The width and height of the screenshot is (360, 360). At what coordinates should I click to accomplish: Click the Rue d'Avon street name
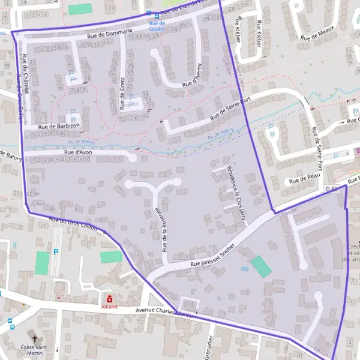click(77, 153)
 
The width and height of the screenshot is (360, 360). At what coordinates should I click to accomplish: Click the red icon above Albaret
click(109, 298)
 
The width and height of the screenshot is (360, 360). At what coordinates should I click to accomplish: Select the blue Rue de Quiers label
click(157, 26)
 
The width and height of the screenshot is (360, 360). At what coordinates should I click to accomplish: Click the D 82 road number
click(331, 188)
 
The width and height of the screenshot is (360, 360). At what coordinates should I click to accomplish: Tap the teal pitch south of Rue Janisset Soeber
click(260, 266)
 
